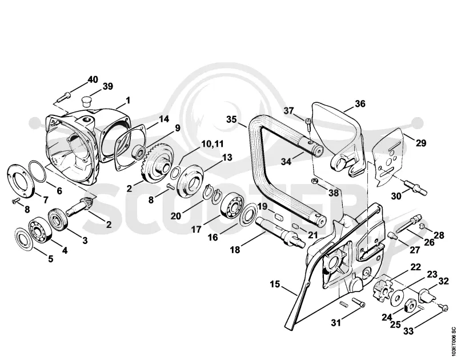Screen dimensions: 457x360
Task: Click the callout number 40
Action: click(93, 79)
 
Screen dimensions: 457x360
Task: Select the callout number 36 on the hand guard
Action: click(360, 104)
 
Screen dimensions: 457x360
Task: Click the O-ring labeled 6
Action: click(37, 171)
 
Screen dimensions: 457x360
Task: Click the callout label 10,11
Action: click(212, 144)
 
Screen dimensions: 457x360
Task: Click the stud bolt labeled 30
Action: click(416, 187)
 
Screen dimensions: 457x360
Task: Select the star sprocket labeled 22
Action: click(382, 290)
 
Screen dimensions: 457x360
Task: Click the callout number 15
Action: click(275, 284)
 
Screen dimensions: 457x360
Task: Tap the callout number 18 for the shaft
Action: click(235, 250)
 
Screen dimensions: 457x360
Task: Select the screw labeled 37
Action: click(308, 124)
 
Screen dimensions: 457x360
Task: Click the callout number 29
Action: click(421, 143)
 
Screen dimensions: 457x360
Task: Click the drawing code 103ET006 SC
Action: click(452, 341)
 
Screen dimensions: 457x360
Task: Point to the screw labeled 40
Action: click(64, 97)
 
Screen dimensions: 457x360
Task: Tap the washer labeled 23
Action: click(396, 298)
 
